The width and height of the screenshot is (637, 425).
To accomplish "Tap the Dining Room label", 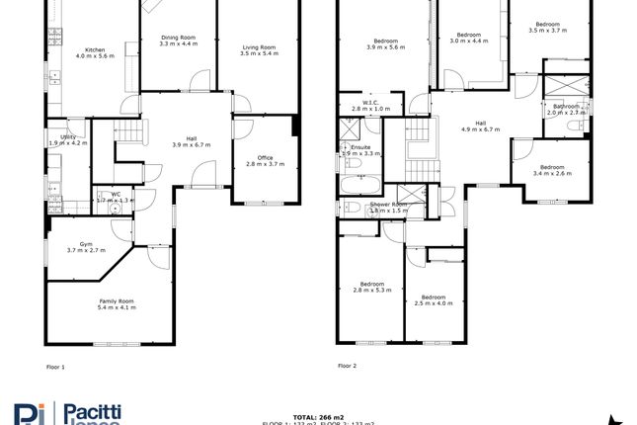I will coord(179,41).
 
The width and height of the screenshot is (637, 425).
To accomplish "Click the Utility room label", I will coord(68,139).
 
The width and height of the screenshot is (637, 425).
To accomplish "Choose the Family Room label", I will coord(117,304).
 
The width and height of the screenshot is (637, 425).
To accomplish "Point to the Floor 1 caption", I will coord(55,366).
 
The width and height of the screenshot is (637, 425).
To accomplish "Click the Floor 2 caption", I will coord(347,366).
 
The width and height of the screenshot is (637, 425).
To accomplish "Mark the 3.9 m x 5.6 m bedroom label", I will coord(386,43).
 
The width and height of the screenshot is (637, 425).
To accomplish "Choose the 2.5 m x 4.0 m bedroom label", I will coord(435,300).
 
